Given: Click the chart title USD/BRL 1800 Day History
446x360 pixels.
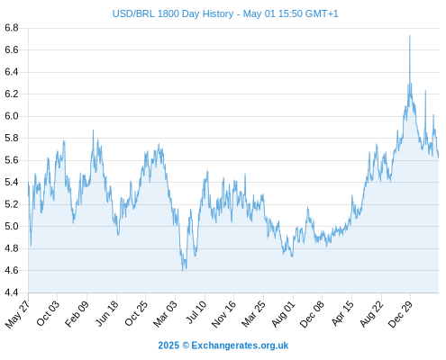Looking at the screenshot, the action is tap(173, 13).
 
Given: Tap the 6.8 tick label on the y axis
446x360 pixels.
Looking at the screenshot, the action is tap(12, 28).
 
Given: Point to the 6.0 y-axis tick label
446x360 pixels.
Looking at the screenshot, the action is tap(12, 116).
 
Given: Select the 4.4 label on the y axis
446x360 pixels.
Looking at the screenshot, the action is tap(12, 292).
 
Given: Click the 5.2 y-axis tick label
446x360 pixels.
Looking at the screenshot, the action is tap(12, 204).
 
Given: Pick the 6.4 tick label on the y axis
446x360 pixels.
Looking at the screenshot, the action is tap(12, 72).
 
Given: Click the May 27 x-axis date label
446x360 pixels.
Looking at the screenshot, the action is tap(18, 314).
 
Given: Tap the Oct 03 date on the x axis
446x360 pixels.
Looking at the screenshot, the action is tap(48, 313).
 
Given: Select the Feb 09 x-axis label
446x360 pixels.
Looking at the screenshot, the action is tap(77, 313).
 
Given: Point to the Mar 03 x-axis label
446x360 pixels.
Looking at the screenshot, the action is tap(166, 313).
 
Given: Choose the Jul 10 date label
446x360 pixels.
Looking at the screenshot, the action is tap(196, 312).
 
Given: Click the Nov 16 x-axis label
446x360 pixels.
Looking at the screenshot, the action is tap(223, 314).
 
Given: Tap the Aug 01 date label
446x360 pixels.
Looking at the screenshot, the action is tap(283, 313).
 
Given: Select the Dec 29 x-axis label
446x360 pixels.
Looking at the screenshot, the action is tap(401, 314).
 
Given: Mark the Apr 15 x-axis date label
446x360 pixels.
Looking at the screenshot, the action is tap(342, 313).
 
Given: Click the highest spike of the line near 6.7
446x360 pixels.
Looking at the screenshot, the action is tap(409, 36).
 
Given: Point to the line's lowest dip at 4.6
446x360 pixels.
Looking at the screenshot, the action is tap(182, 270).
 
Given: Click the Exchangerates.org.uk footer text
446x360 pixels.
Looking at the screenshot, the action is tap(240, 346).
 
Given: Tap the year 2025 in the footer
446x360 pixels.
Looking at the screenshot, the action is tap(168, 346).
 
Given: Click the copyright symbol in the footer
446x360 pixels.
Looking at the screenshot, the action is tap(186, 346).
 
